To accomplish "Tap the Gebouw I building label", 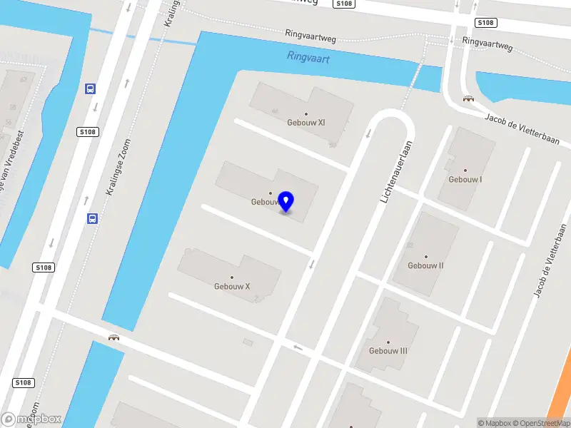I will (465, 180).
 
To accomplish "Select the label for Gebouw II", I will (425, 266).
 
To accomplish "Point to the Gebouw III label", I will (388, 351).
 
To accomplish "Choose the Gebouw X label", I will (232, 287).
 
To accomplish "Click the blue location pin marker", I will (286, 202).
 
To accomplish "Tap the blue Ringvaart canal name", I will (308, 57).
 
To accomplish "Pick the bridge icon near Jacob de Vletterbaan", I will (468, 99).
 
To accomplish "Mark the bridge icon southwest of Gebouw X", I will (113, 337).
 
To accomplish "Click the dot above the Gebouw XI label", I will (306, 113).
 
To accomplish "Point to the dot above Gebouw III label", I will (388, 342).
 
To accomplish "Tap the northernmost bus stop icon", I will (91, 89).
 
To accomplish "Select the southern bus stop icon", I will (92, 219).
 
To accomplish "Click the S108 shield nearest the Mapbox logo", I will (23, 383).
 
